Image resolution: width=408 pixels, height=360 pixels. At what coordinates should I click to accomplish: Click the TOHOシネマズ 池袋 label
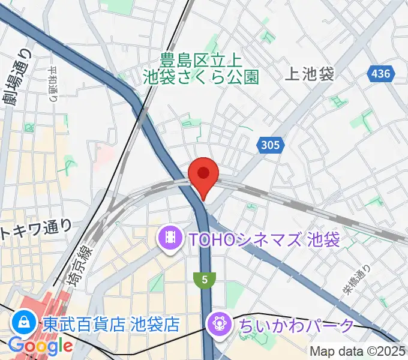264,240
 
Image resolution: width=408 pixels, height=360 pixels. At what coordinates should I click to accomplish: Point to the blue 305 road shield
269,144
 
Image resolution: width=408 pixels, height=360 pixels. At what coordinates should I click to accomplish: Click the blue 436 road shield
379,74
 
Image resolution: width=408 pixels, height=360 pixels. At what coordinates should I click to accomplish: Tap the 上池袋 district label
309,74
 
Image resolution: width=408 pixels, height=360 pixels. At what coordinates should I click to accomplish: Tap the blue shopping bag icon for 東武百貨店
24,324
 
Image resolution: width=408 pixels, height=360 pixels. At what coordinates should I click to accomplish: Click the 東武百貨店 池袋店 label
111,325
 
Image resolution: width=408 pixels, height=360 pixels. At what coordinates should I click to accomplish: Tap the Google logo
40,346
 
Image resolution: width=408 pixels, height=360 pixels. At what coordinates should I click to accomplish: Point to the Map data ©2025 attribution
358,351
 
